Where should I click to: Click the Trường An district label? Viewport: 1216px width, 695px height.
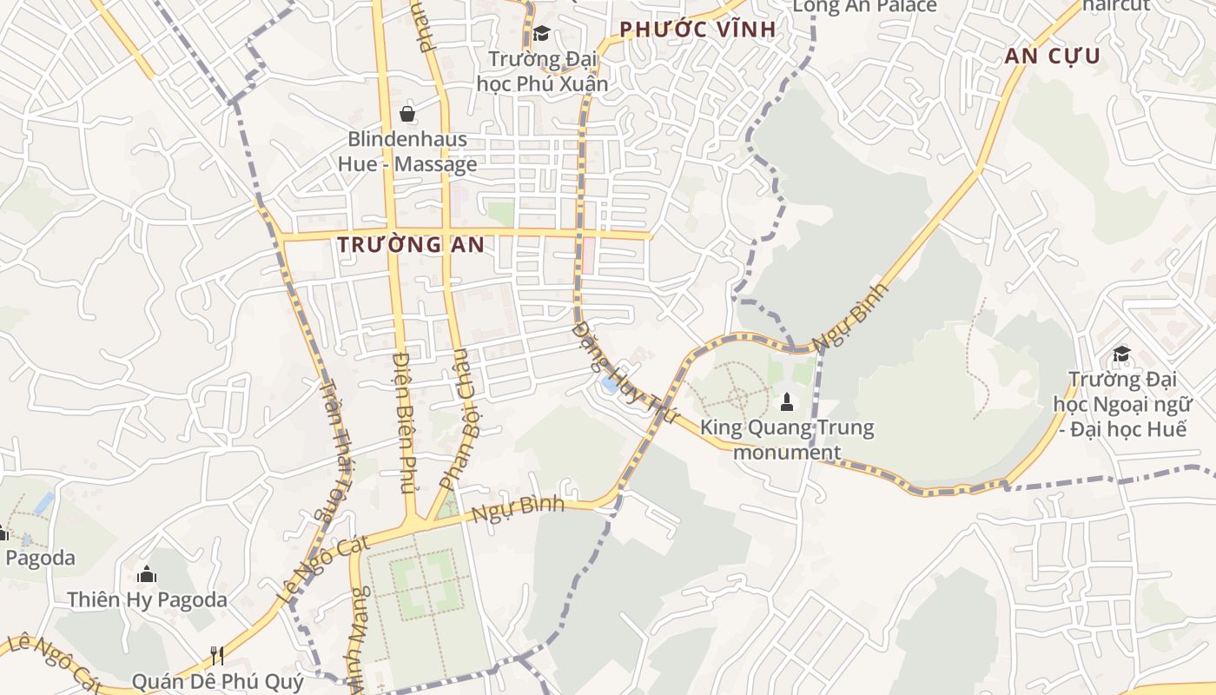tap(411, 245)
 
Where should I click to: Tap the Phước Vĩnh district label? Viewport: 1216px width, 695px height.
tap(697, 30)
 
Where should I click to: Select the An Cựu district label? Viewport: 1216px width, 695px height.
tap(1053, 57)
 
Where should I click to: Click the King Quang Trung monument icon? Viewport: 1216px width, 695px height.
tap(787, 401)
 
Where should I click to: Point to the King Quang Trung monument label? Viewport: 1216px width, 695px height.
tap(787, 440)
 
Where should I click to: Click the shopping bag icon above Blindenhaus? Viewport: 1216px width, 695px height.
tap(406, 113)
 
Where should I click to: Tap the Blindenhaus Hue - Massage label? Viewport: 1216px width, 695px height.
tap(407, 151)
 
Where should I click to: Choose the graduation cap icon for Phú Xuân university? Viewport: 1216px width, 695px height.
tap(541, 34)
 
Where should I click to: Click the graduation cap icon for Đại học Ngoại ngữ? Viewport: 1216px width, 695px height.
tap(1121, 354)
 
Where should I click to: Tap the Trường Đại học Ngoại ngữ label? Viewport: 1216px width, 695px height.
tap(1120, 403)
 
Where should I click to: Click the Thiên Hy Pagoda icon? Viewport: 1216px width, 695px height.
tap(147, 574)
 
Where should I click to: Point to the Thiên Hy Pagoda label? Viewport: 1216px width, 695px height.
tap(148, 599)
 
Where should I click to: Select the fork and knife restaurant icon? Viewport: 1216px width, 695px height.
tap(217, 655)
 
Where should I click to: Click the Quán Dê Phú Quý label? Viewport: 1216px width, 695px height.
tap(218, 681)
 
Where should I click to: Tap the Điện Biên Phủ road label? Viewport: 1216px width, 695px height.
tap(406, 422)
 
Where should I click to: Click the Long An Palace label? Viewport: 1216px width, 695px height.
tap(865, 7)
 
